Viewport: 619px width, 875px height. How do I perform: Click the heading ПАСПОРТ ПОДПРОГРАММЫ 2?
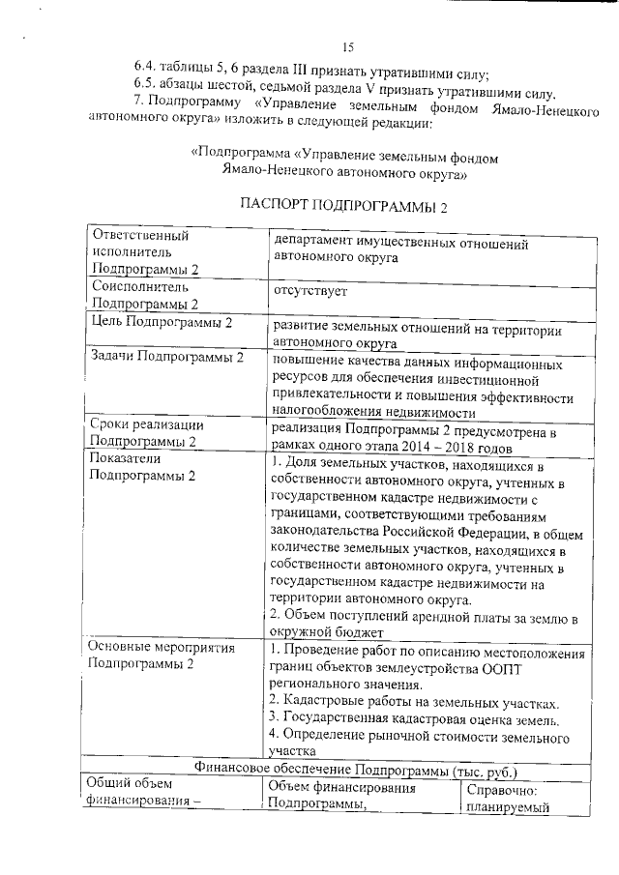pos(343,205)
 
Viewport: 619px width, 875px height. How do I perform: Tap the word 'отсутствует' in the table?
pos(310,290)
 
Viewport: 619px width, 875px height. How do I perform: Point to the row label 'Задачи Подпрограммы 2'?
pos(167,358)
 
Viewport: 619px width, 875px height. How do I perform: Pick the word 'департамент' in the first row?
pos(319,243)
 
